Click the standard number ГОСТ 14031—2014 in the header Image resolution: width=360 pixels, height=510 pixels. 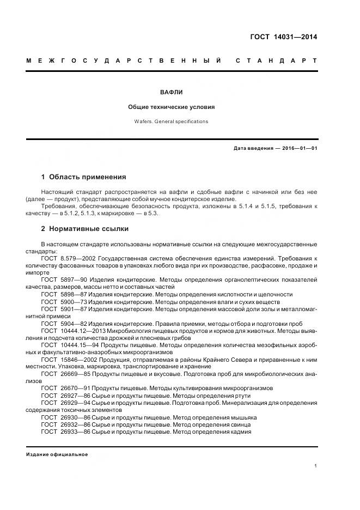[x=283, y=37]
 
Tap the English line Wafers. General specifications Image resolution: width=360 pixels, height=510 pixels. [x=172, y=122]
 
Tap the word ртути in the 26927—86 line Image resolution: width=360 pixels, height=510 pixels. [x=242, y=396]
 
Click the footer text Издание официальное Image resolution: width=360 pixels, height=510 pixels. [x=57, y=454]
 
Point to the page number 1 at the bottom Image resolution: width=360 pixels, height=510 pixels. [x=315, y=466]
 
